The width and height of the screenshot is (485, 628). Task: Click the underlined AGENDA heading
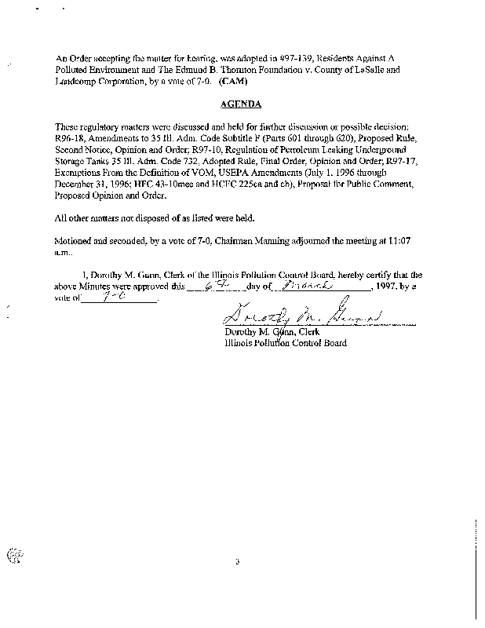click(240, 104)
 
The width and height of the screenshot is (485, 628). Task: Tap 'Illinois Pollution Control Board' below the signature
click(285, 343)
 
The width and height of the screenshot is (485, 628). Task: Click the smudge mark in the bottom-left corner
click(13, 556)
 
